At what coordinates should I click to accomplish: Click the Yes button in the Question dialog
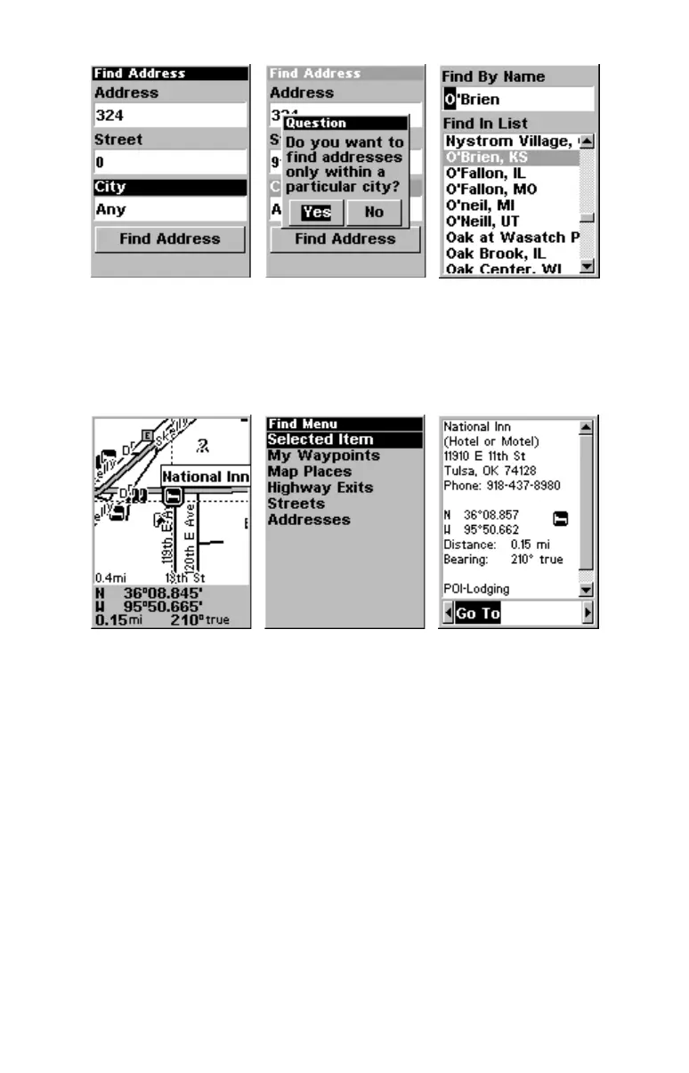tap(316, 213)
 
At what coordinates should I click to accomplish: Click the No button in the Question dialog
tap(374, 213)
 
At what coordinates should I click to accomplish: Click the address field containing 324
tap(170, 116)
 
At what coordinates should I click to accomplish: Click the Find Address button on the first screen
tap(170, 238)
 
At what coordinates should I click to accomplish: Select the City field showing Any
tap(170, 210)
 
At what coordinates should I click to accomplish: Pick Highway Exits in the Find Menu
tap(320, 488)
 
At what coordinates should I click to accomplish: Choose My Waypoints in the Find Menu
tap(323, 456)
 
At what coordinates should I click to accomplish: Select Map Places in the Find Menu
tap(310, 472)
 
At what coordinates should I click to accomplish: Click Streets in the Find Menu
tap(296, 504)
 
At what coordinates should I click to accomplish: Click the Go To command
tap(478, 614)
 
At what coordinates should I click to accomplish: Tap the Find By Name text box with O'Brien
tap(517, 100)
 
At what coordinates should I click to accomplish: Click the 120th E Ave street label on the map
tap(190, 534)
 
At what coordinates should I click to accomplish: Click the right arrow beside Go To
tap(587, 614)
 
